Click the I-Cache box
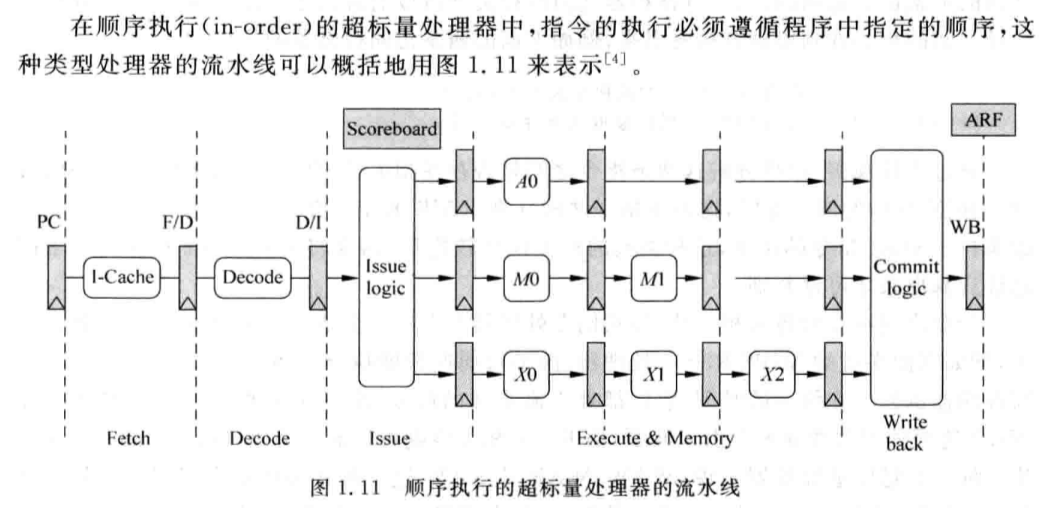tap(122, 277)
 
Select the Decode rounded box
tap(253, 277)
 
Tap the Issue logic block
tap(386, 276)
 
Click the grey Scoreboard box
tap(392, 128)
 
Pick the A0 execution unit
tap(526, 181)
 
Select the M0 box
tap(526, 277)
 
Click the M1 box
tap(653, 277)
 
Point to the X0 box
tap(526, 374)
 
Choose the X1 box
tap(653, 374)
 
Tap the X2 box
tap(772, 374)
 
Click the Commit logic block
tap(907, 277)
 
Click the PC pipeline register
tap(56, 278)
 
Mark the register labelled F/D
tap(187, 278)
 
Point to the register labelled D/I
tap(318, 278)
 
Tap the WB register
tap(974, 278)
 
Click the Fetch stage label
tap(128, 439)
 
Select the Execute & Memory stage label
tap(655, 439)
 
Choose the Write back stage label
tap(904, 434)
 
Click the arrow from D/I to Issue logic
tap(343, 277)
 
